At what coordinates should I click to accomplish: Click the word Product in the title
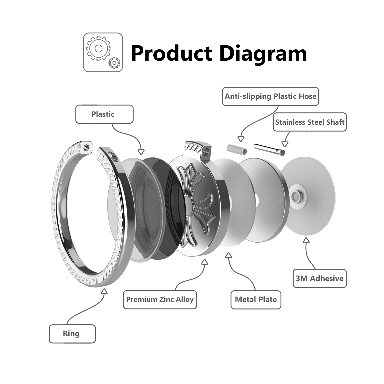coord(172,53)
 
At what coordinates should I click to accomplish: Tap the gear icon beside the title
coord(103,52)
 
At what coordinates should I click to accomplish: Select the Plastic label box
coord(104,114)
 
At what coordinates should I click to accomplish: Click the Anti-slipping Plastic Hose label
coord(271,97)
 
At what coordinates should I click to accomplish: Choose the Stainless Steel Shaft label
coord(310,122)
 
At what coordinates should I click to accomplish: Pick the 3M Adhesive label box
coord(320,278)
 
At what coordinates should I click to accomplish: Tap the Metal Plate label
coord(256,300)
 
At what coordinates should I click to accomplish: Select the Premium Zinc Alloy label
coord(160,300)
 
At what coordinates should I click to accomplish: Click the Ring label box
coord(72,334)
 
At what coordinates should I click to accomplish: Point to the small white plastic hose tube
coord(237,149)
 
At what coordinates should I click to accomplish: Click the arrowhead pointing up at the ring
coord(104,291)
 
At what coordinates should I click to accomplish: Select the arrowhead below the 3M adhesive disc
coord(306,240)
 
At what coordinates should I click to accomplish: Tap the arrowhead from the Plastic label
coord(141,152)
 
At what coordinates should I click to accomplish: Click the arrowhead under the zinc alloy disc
coord(205,261)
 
